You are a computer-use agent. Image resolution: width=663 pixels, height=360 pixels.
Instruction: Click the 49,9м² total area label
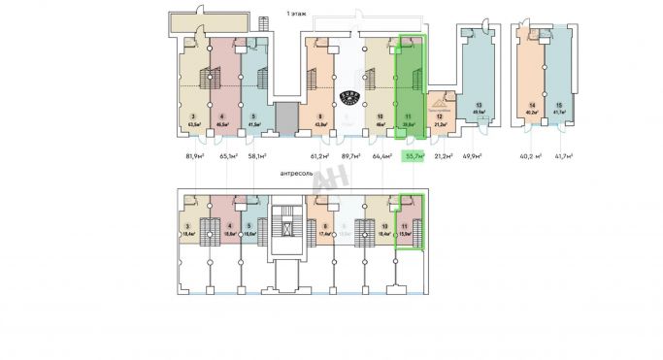click(474, 155)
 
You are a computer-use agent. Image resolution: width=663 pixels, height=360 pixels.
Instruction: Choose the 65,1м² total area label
click(230, 155)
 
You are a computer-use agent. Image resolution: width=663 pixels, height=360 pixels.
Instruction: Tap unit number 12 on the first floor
click(439, 116)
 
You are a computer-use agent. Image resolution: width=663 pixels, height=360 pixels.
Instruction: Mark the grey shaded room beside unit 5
click(285, 117)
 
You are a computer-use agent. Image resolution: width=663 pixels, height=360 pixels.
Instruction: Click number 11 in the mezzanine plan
click(403, 227)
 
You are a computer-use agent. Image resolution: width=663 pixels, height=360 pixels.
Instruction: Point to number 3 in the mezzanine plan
click(187, 227)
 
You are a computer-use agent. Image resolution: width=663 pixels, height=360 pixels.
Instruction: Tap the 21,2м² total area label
click(443, 155)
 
